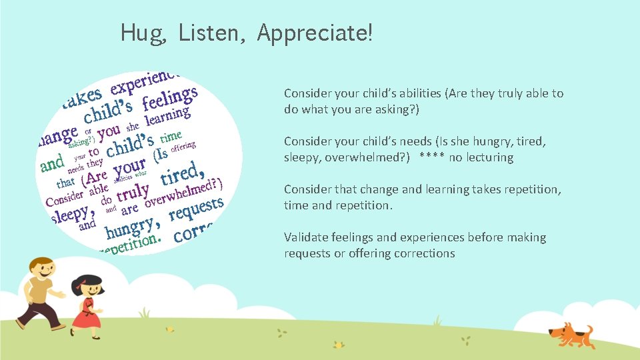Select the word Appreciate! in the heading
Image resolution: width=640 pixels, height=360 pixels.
pos(315,32)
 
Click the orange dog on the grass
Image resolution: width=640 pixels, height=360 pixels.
pos(569,333)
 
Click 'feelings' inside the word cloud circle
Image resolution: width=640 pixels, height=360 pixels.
pos(169,98)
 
